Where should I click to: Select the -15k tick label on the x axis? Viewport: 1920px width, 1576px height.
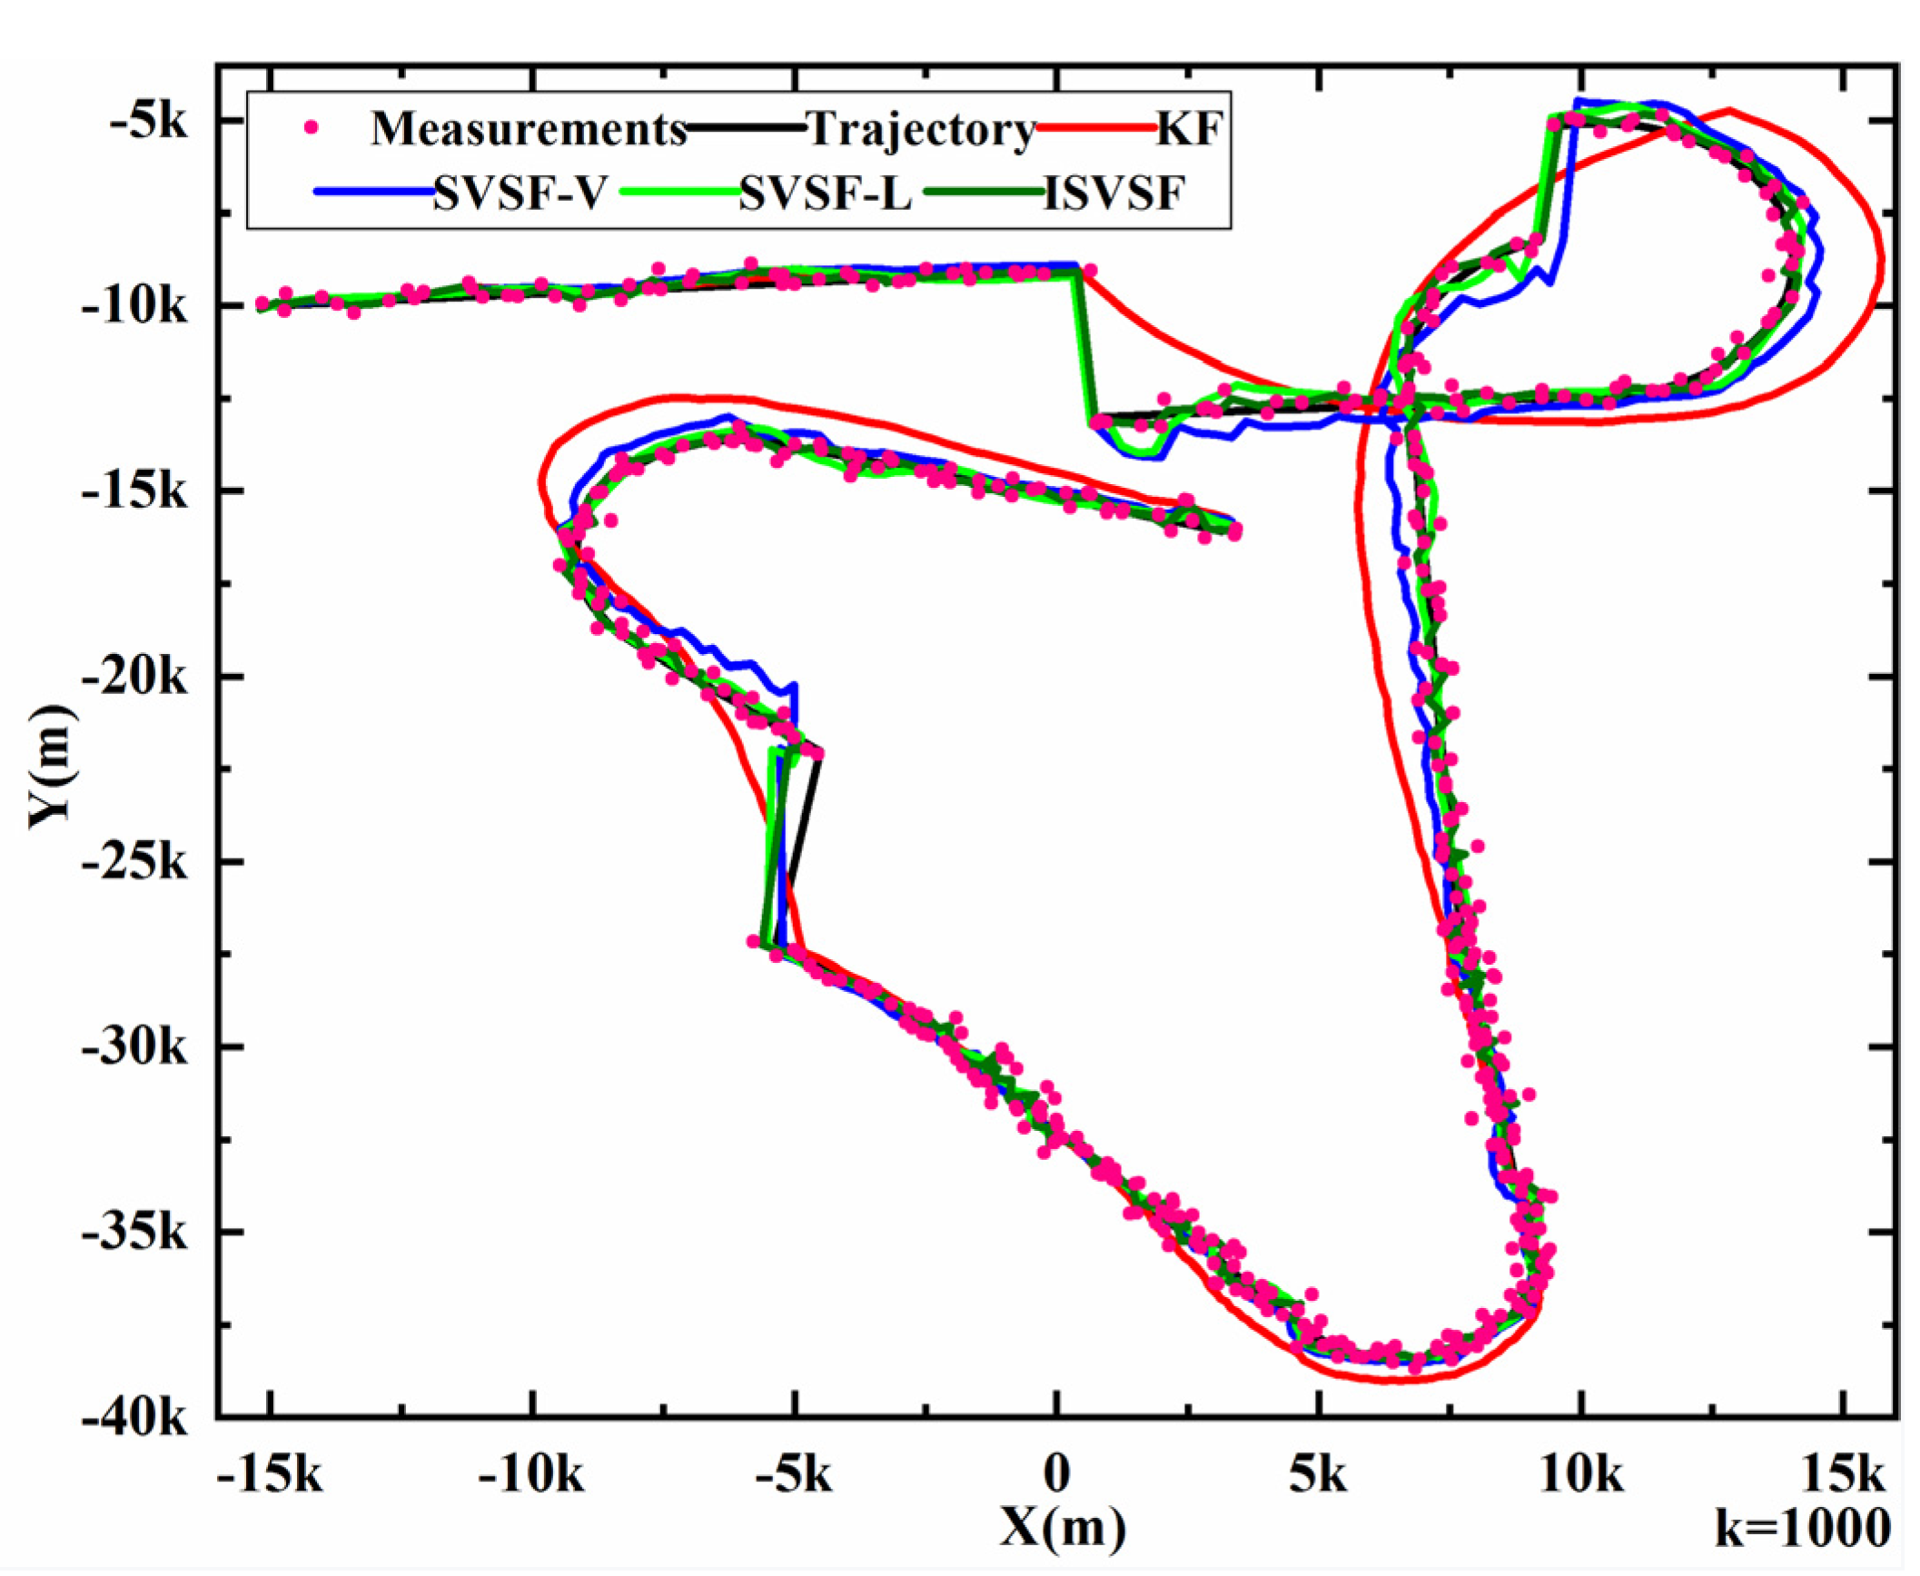(270, 1476)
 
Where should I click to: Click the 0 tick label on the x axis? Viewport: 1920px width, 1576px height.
(1055, 1476)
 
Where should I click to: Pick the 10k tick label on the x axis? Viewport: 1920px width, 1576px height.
(1581, 1476)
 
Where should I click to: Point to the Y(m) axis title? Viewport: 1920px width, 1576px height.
(53, 768)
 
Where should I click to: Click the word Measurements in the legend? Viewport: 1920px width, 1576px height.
(529, 129)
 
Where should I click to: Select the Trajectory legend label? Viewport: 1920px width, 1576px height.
(921, 129)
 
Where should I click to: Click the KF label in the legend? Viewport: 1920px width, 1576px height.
(1189, 129)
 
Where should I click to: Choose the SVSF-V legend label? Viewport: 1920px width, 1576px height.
(519, 193)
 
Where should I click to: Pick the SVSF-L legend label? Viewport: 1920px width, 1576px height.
(825, 193)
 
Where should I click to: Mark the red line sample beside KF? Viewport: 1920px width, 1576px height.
(1094, 129)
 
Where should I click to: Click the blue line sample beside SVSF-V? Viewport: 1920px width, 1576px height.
(372, 192)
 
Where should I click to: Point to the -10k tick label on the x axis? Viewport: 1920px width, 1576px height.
(531, 1476)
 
